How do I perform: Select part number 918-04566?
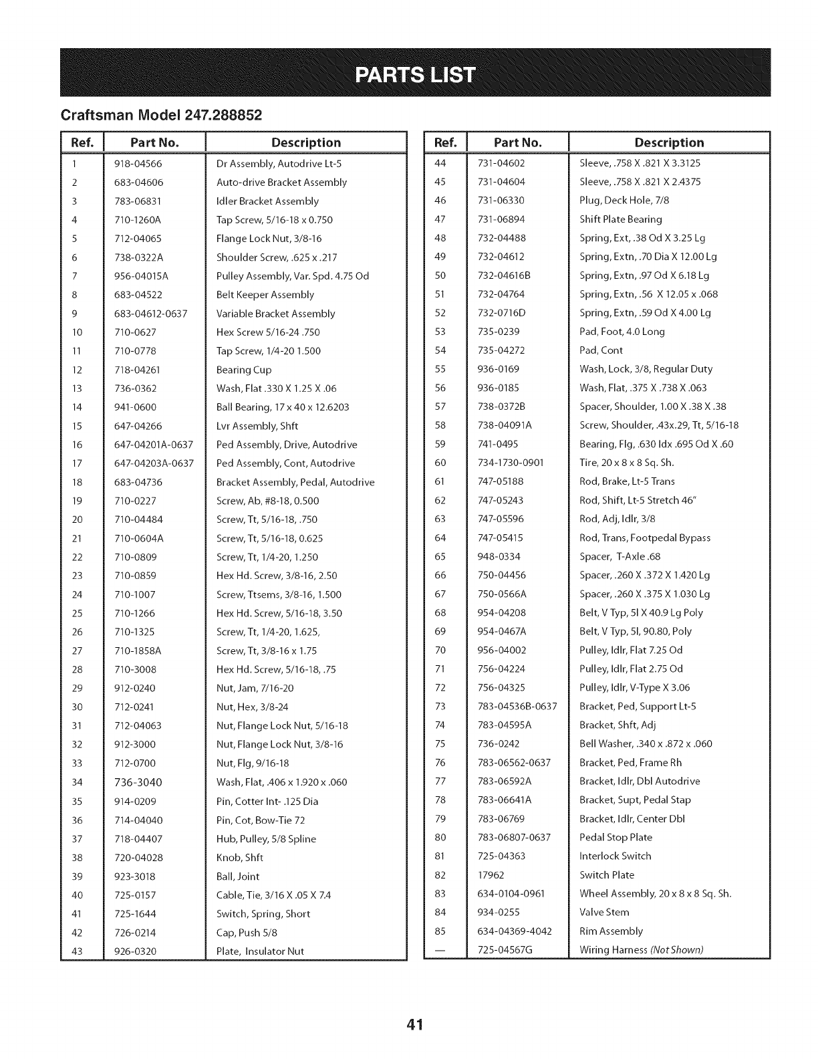click(138, 164)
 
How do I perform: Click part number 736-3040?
click(138, 782)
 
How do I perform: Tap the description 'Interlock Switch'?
click(615, 856)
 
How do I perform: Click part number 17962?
click(491, 875)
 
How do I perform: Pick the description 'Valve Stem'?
click(604, 913)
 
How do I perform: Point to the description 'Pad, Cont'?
click(601, 350)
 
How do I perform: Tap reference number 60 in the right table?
click(440, 463)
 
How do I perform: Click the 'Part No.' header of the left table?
click(155, 142)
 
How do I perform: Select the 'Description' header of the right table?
click(669, 142)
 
